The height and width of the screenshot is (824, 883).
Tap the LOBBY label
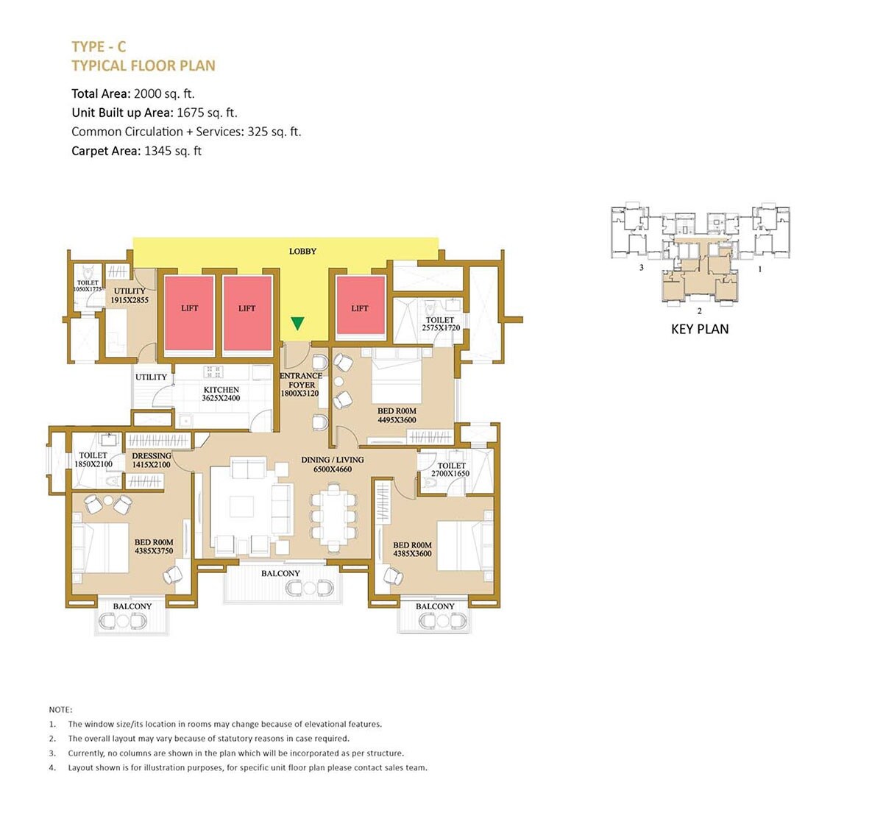click(x=302, y=252)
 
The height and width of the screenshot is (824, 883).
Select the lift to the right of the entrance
click(x=360, y=308)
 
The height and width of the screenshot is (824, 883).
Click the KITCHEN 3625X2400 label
click(x=221, y=394)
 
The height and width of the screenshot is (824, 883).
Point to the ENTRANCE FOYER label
click(x=301, y=384)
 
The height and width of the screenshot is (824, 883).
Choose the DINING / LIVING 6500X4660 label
click(x=333, y=464)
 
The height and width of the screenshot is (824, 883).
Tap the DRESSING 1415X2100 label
click(x=151, y=461)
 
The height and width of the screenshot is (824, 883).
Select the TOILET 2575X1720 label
click(x=441, y=324)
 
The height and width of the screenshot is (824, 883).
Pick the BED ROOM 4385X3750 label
click(x=154, y=547)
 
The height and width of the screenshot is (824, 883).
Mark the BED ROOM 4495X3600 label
click(x=397, y=416)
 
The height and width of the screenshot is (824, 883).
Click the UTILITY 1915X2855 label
click(x=130, y=296)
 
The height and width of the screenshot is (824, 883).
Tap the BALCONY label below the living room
click(x=280, y=573)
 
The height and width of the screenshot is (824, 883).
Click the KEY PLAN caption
click(x=700, y=330)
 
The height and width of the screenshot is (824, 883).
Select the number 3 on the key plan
click(x=642, y=268)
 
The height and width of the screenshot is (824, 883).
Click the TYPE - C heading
click(x=99, y=47)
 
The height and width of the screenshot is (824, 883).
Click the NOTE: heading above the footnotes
click(x=60, y=710)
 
